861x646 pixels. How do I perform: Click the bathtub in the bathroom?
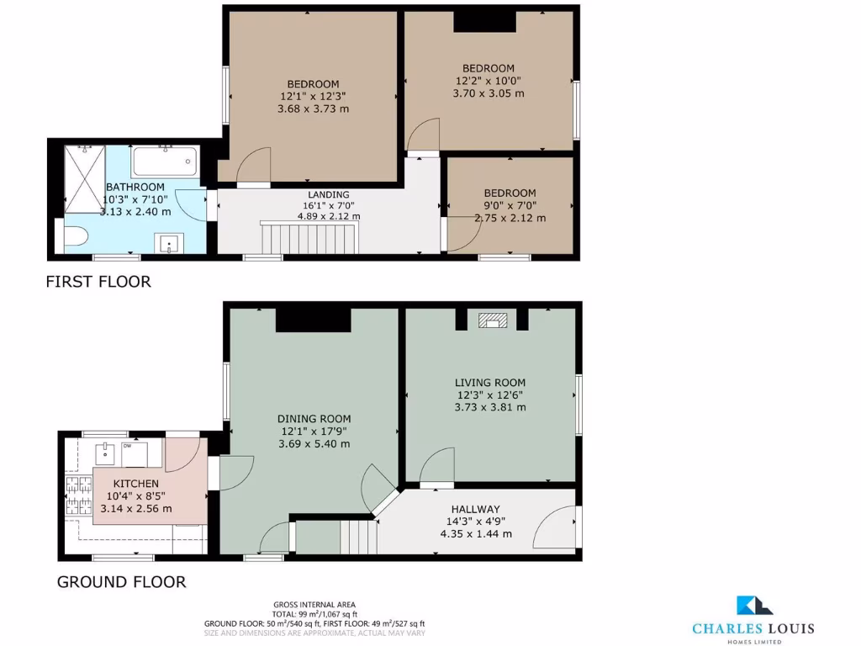tap(165, 160)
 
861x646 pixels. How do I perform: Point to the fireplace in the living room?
tap(492, 320)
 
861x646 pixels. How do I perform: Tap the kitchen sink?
tap(106, 453)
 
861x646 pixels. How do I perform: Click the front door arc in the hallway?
tap(555, 528)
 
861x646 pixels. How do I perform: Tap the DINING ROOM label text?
tap(314, 418)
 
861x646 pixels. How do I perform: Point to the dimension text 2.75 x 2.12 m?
tap(510, 218)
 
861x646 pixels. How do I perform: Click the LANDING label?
tap(328, 194)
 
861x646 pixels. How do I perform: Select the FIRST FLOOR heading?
tap(98, 282)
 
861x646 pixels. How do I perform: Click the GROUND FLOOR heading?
tap(121, 581)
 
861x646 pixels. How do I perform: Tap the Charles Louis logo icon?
tap(750, 607)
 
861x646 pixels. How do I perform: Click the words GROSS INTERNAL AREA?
tap(314, 605)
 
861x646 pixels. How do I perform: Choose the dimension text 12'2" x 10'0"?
tap(488, 81)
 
